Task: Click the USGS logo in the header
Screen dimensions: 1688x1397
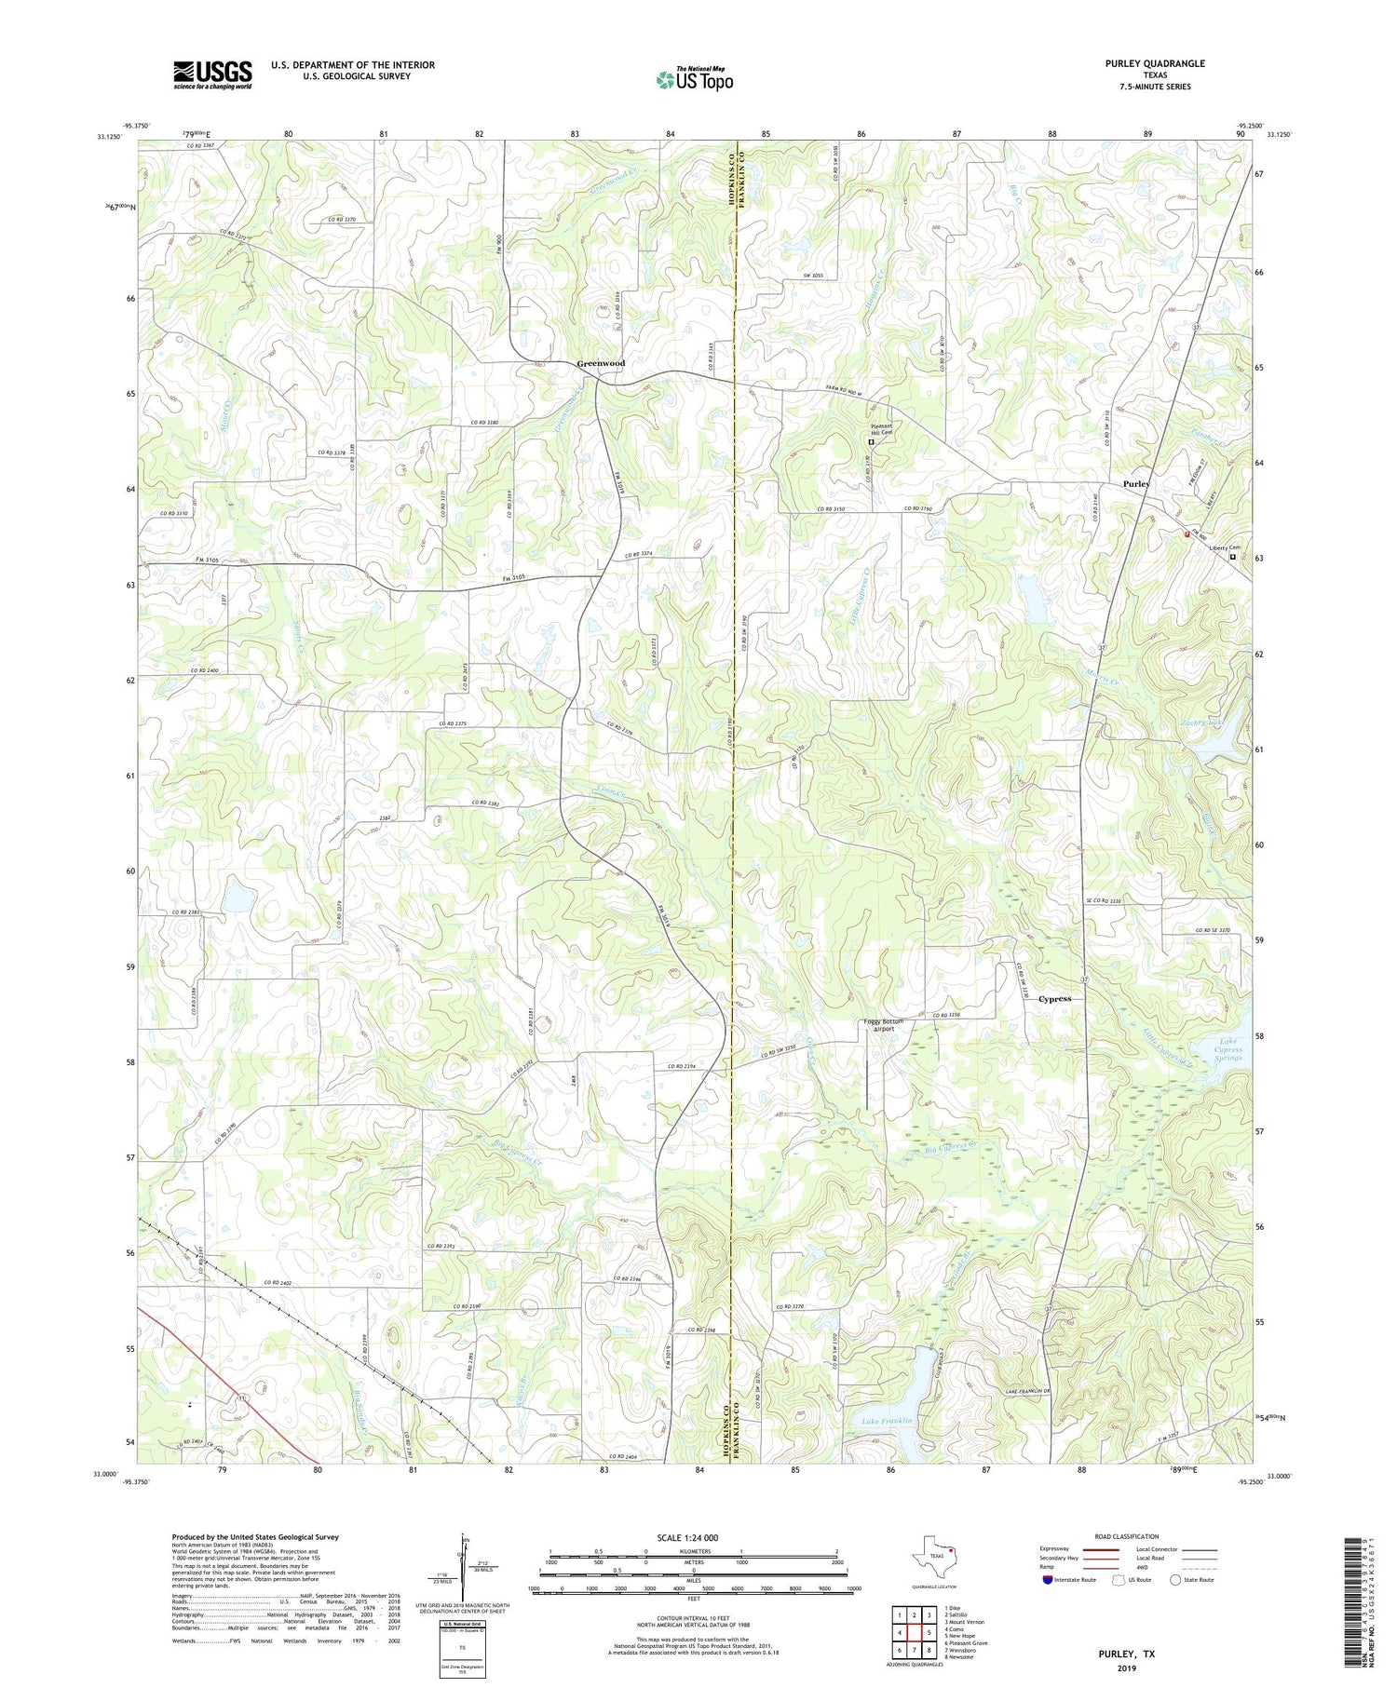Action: tap(212, 74)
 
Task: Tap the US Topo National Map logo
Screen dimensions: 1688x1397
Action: tap(694, 79)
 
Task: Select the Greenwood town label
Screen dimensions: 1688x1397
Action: tap(601, 363)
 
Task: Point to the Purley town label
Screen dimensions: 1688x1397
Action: tap(1136, 484)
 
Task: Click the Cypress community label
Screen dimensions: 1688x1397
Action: tap(1054, 998)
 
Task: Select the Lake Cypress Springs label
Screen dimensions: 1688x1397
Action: tap(1230, 1050)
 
